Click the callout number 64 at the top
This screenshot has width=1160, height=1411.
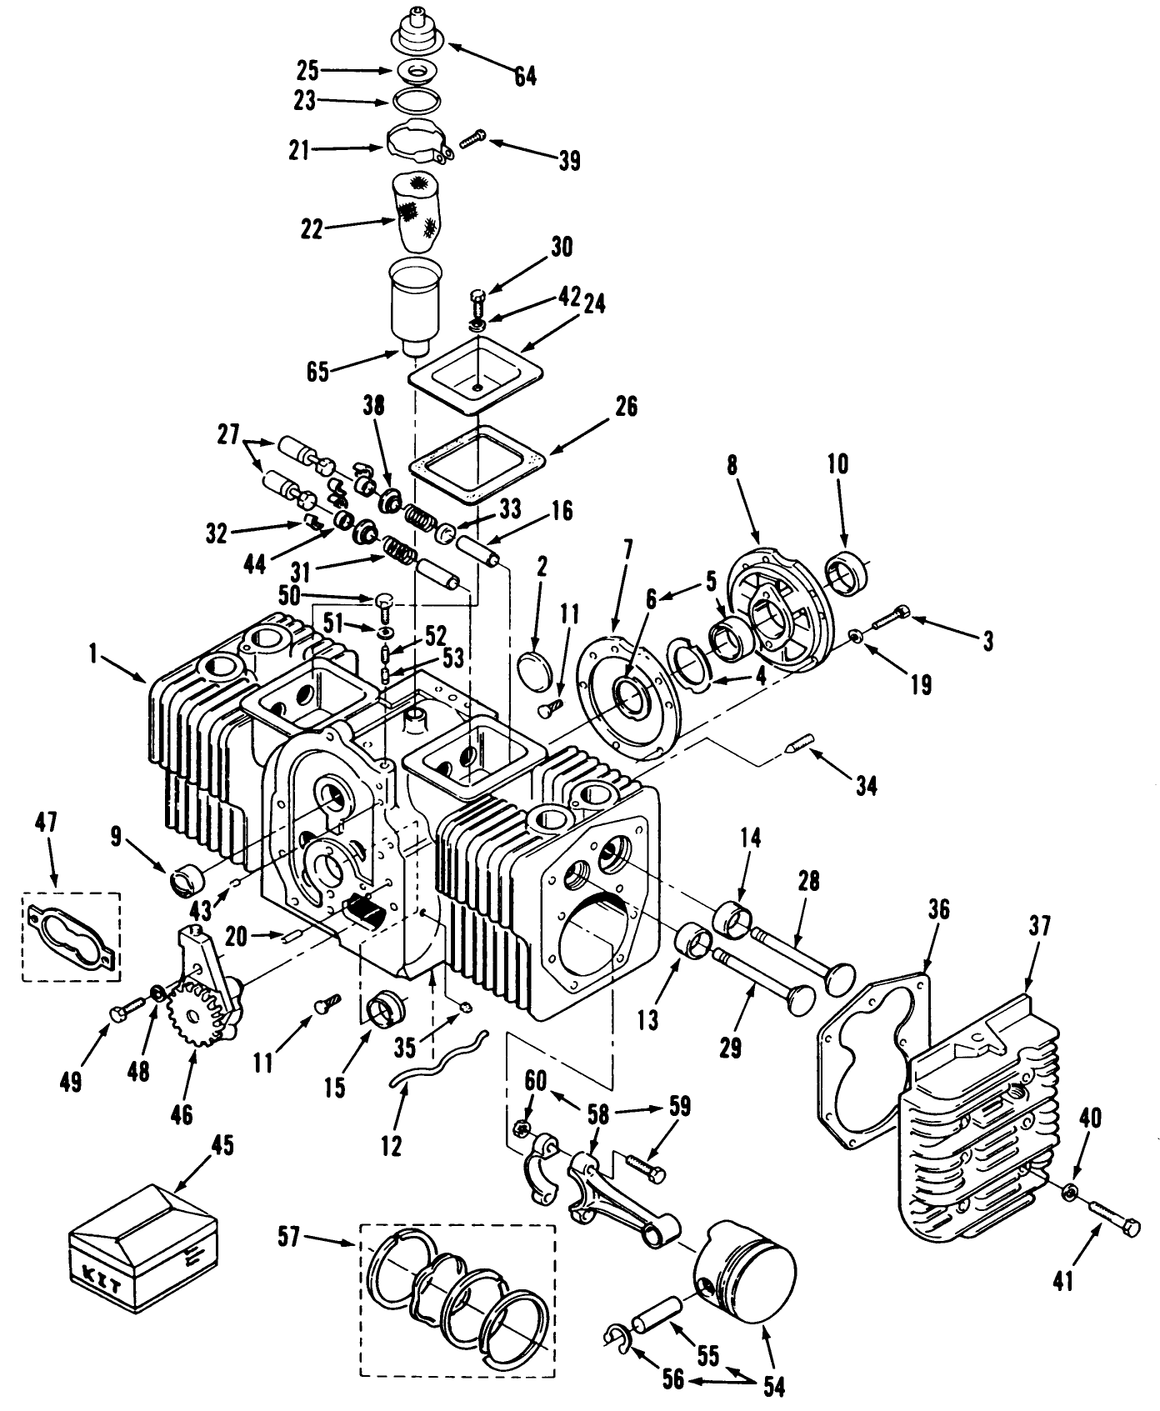click(x=525, y=76)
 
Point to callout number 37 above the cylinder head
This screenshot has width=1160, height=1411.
click(x=1039, y=926)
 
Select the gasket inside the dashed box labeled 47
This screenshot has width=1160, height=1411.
click(x=71, y=938)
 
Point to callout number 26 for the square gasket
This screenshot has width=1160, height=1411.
click(x=626, y=406)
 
